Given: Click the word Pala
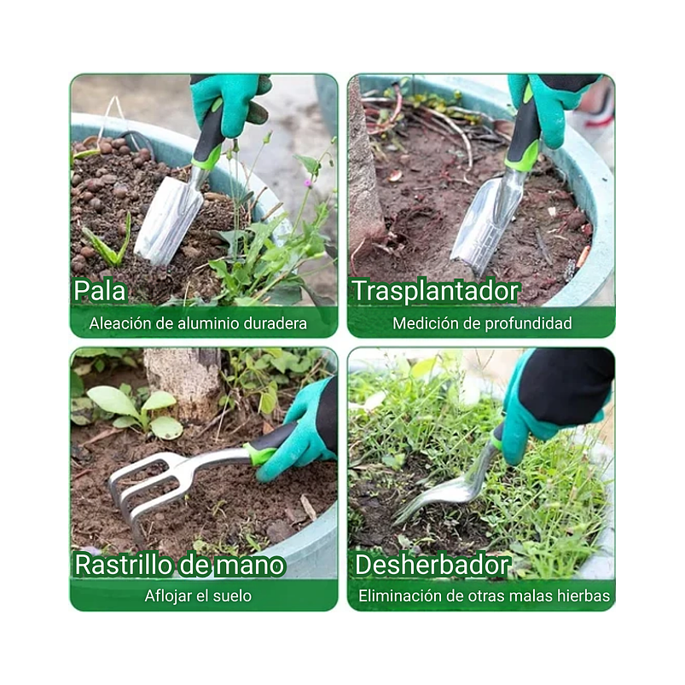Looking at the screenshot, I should point(100,291).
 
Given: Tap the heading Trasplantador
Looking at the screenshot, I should point(435,291).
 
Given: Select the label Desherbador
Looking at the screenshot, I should point(432,565).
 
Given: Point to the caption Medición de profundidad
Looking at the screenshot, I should point(482,323).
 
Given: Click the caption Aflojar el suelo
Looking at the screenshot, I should point(198,595).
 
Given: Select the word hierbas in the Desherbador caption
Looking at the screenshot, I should point(584,595).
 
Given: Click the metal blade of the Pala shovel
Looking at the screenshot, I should point(168,221).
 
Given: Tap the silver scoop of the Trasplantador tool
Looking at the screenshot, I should point(485,220).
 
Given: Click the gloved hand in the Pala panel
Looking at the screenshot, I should point(226,100).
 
